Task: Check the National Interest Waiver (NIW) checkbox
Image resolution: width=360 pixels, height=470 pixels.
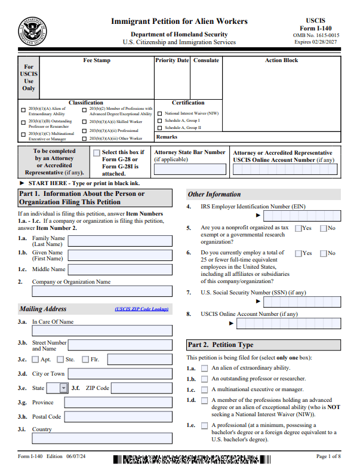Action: pyautogui.click(x=159, y=113)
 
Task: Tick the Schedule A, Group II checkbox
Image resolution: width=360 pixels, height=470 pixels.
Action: pyautogui.click(x=159, y=128)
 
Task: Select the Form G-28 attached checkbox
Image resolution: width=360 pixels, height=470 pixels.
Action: pyautogui.click(x=97, y=153)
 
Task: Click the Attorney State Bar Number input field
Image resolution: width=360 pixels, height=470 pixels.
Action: pyautogui.click(x=190, y=169)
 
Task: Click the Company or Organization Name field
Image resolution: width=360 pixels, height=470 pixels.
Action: pyautogui.click(x=101, y=291)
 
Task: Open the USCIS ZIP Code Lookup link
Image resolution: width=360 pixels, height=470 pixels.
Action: pyautogui.click(x=142, y=309)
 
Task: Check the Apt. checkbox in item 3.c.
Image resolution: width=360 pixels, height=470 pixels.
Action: pyautogui.click(x=35, y=360)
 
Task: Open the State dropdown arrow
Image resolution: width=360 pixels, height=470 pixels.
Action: pyautogui.click(x=64, y=388)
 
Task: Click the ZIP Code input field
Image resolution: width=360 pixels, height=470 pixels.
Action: pyautogui.click(x=141, y=388)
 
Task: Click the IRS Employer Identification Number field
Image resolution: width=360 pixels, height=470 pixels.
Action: pyautogui.click(x=301, y=216)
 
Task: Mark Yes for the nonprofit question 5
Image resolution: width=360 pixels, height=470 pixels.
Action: pyautogui.click(x=299, y=228)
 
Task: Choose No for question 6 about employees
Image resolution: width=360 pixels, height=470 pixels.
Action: pyautogui.click(x=324, y=253)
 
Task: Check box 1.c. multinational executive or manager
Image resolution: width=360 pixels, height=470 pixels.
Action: pyautogui.click(x=205, y=389)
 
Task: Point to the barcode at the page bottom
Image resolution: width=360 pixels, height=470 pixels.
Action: pyautogui.click(x=191, y=460)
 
